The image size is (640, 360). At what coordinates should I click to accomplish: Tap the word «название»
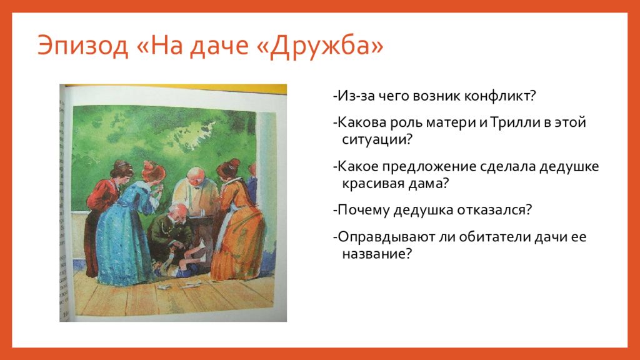coord(373,254)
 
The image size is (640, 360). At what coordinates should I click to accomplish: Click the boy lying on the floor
coord(179,261)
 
